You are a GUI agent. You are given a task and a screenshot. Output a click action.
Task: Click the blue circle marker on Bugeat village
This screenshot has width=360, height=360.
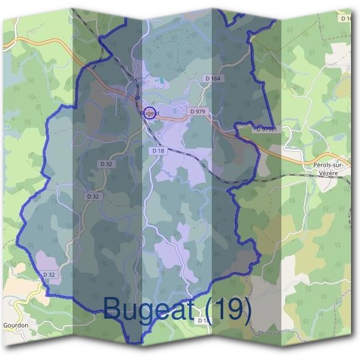coord(150,112)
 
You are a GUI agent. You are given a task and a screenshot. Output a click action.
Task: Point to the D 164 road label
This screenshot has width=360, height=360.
coord(212,79)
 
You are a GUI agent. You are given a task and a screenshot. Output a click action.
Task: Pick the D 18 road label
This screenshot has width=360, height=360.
coord(157,151)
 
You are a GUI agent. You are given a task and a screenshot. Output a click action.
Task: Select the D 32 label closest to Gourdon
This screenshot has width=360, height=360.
coord(49,274)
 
